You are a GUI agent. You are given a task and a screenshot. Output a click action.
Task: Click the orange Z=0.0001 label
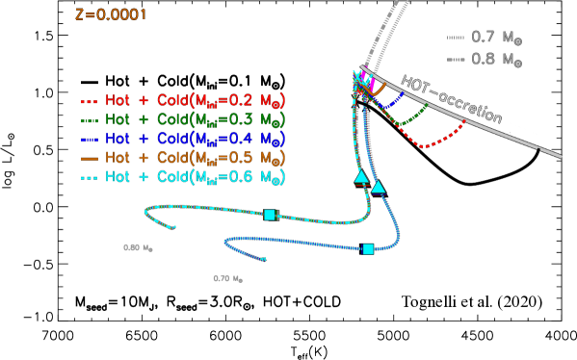click(111, 14)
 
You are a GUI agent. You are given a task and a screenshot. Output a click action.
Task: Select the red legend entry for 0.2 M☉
click(183, 100)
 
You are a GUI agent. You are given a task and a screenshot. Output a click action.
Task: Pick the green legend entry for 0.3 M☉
click(183, 119)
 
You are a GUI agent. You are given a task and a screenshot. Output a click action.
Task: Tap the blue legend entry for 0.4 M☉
click(183, 139)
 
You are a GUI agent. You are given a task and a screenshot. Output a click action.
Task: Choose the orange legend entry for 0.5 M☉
click(183, 158)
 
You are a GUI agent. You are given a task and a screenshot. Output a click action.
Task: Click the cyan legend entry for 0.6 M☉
click(183, 177)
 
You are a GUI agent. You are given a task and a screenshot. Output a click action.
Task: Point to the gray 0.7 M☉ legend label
click(496, 39)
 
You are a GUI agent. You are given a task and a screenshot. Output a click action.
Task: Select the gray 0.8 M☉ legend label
click(496, 60)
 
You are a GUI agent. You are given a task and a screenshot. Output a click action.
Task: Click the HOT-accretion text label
click(451, 98)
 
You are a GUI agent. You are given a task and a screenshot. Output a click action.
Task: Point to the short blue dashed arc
click(391, 102)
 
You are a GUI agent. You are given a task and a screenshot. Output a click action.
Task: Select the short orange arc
click(380, 91)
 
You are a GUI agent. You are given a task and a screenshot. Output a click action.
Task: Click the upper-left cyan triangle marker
click(361, 176)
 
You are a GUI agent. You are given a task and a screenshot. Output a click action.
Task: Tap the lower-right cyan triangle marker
click(379, 187)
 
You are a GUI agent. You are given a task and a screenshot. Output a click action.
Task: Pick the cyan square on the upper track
click(270, 215)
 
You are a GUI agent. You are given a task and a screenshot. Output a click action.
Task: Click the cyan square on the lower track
click(368, 249)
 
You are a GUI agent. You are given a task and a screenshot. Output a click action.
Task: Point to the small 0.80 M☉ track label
click(138, 247)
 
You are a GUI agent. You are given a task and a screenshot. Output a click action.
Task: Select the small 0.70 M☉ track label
click(227, 278)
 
